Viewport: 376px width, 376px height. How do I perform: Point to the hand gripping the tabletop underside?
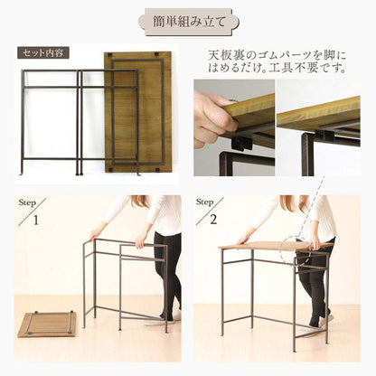[x=213, y=117]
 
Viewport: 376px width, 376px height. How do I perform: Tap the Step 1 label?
[x=29, y=210]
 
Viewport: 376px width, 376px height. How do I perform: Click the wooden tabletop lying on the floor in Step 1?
[x=47, y=323]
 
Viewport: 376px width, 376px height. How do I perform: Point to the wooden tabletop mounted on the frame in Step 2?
[x=262, y=246]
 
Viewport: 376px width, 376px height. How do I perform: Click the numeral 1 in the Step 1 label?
[x=36, y=219]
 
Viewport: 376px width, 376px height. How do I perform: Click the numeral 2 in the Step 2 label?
[x=215, y=219]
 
